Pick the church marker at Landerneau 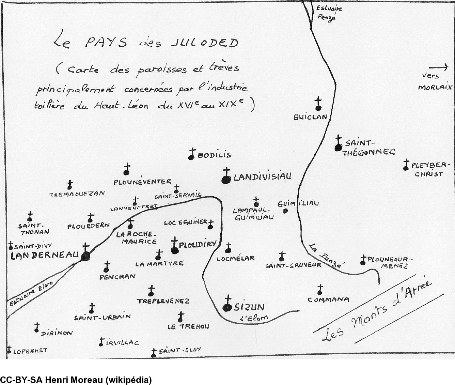85,254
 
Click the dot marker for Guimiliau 285,211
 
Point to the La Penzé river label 326,256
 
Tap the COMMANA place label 329,300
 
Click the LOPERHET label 30,350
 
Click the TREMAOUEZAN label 76,194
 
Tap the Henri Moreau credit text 76,380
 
